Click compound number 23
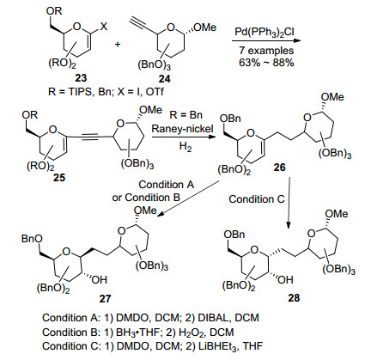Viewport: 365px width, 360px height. click(x=81, y=77)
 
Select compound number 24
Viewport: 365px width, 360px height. click(x=164, y=78)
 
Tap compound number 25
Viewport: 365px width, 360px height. click(x=59, y=178)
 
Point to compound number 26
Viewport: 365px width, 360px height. click(x=279, y=168)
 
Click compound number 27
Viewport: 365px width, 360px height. click(x=105, y=299)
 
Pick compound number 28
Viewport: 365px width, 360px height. click(x=294, y=298)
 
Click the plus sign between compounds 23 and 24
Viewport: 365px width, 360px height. click(x=118, y=45)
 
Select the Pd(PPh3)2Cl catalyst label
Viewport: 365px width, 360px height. click(x=265, y=32)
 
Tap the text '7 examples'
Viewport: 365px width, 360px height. click(x=266, y=51)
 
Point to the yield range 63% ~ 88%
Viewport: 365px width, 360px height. click(x=266, y=63)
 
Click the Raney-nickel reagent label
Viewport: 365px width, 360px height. click(x=183, y=129)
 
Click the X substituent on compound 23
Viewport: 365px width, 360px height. click(x=103, y=27)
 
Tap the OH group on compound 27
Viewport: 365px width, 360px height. click(x=100, y=279)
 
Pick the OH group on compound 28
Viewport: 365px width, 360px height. click(x=285, y=279)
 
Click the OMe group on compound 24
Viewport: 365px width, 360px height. click(x=205, y=27)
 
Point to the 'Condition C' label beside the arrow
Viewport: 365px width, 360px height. click(x=257, y=199)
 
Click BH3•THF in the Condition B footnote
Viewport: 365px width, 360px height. click(x=137, y=333)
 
